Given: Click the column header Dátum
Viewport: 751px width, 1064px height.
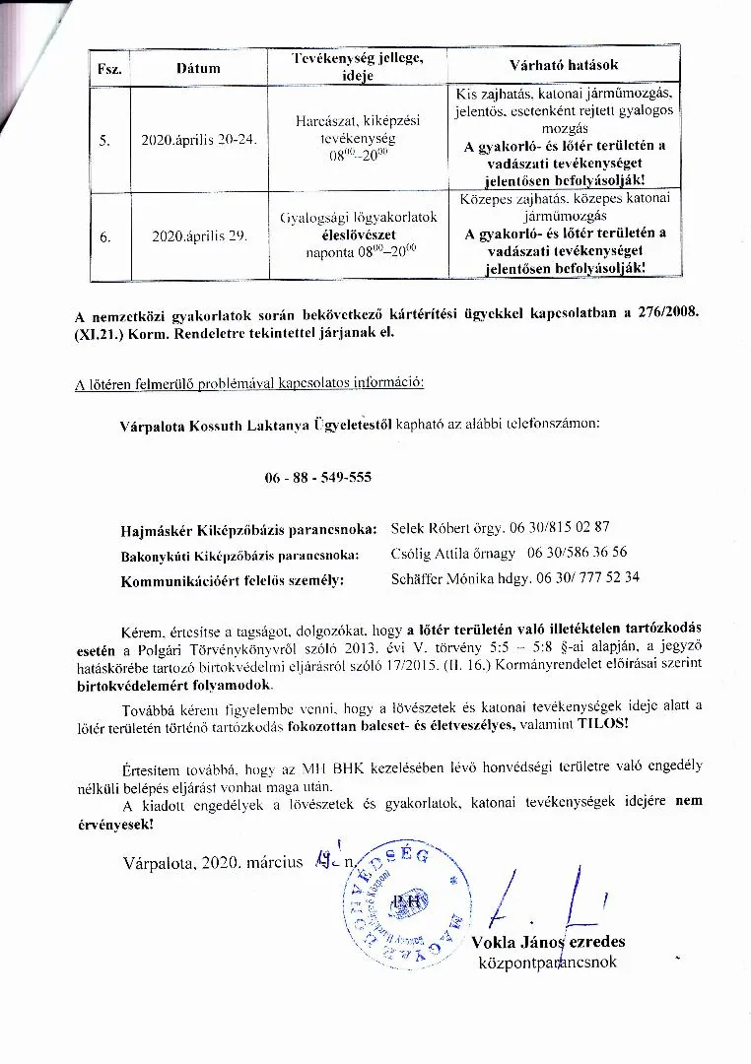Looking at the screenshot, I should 198,67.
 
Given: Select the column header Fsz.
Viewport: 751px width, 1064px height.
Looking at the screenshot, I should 107,68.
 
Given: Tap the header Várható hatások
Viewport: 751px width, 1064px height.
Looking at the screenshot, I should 564,65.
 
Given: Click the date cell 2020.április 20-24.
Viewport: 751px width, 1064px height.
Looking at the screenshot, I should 198,140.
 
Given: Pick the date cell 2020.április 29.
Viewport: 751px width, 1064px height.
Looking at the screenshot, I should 198,236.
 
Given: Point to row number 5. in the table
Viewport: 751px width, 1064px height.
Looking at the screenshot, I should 105,140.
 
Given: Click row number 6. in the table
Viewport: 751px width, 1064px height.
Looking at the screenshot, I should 105,236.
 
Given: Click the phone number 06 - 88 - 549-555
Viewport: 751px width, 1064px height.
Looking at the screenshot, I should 318,477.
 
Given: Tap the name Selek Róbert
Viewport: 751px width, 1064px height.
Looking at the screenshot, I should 431,527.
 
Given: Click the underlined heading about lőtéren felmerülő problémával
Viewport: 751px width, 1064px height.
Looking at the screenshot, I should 250,382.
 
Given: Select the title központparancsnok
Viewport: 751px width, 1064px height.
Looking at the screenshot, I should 547,962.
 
